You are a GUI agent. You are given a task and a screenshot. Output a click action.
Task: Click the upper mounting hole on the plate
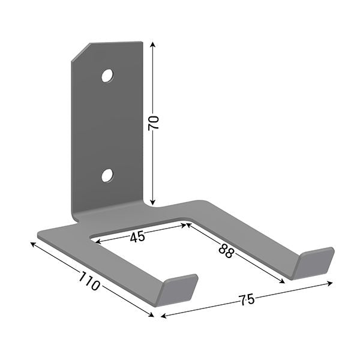point(107,76)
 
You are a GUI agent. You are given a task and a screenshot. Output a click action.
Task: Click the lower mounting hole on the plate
point(107,175)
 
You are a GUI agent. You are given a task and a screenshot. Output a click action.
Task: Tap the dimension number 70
point(154,123)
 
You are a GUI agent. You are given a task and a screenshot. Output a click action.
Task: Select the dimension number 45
point(137,236)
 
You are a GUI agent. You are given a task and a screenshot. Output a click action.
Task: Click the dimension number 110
point(88,281)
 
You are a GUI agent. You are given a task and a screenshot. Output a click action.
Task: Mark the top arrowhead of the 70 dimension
point(154,44)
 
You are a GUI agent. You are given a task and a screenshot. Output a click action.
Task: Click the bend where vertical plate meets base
point(108,211)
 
